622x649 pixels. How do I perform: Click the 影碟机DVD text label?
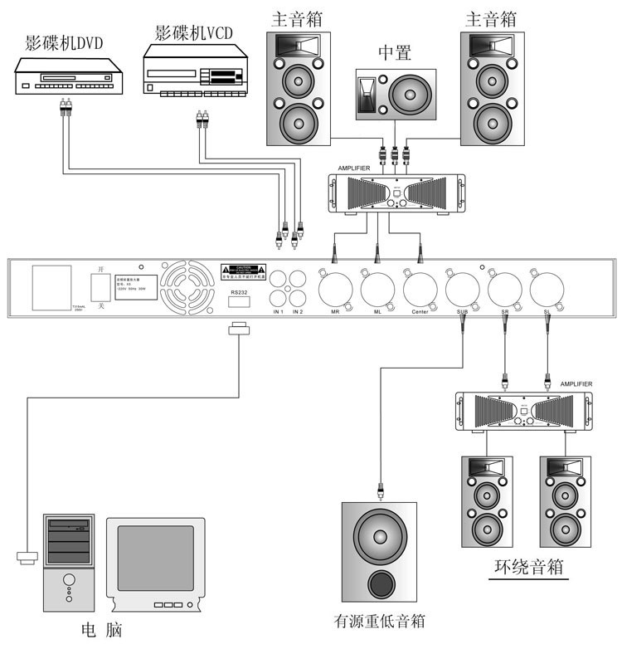tap(64, 44)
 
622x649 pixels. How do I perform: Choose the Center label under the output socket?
tap(420, 312)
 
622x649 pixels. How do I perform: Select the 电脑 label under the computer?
tap(102, 629)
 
